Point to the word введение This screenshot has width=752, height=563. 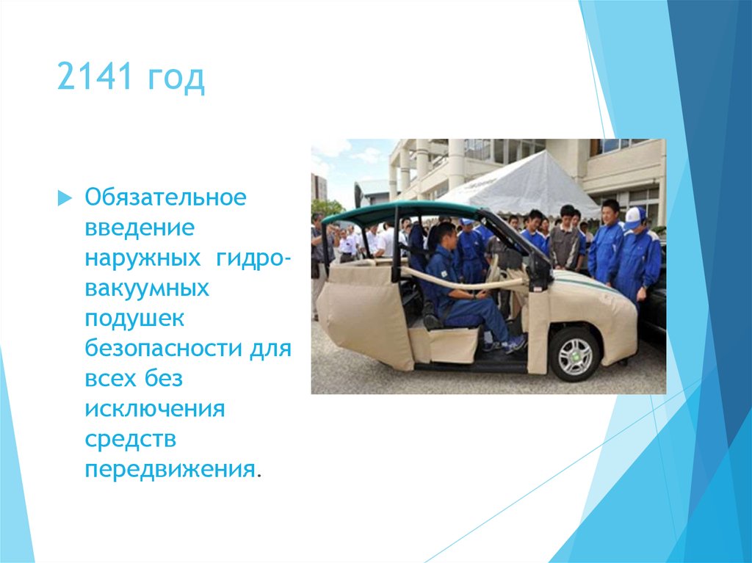(x=140, y=228)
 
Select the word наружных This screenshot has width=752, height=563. (x=142, y=258)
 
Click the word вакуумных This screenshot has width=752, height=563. (x=146, y=288)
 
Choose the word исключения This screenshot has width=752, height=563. (x=154, y=409)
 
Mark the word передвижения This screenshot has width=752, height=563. (x=170, y=469)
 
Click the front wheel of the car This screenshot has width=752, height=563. (x=575, y=355)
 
